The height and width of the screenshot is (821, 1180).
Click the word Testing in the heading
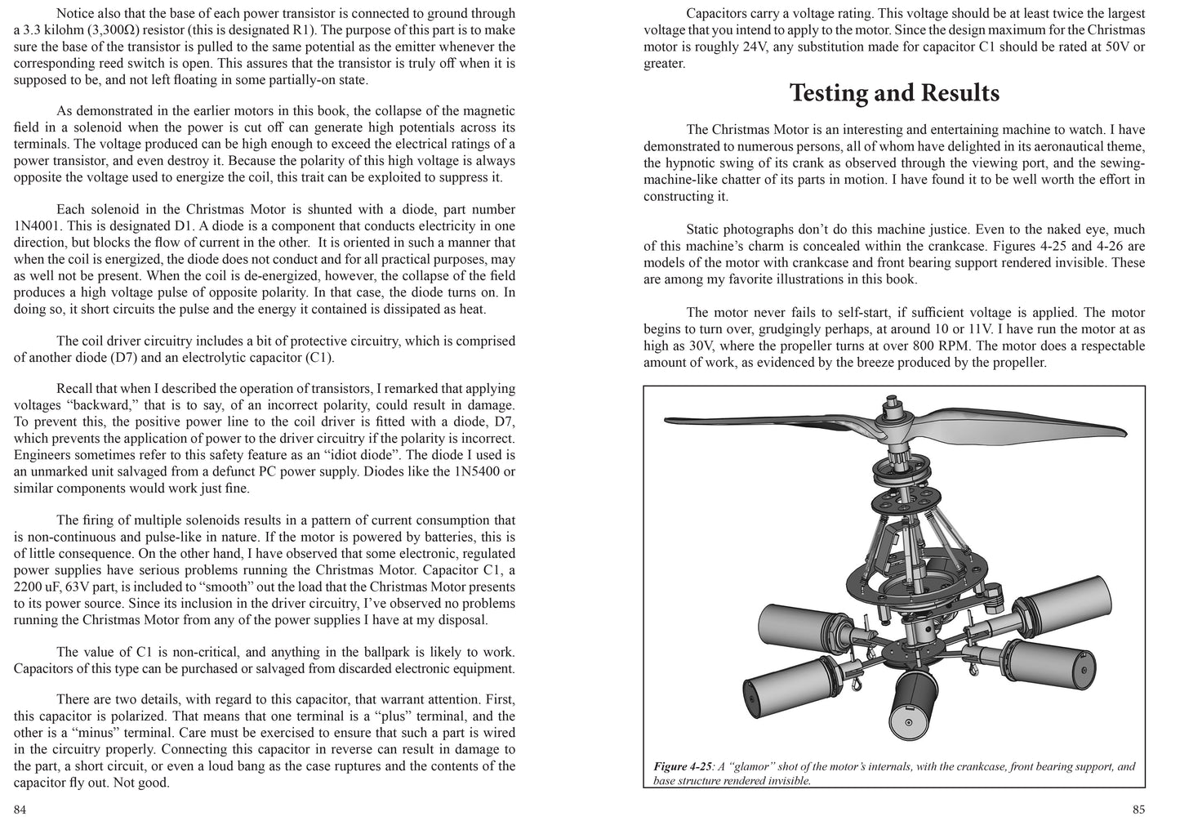tap(828, 93)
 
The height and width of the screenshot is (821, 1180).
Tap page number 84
tap(21, 810)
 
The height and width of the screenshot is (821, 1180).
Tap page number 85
tap(1139, 810)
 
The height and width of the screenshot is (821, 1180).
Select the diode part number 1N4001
tap(41, 226)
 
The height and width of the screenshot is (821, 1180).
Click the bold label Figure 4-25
tap(683, 767)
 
